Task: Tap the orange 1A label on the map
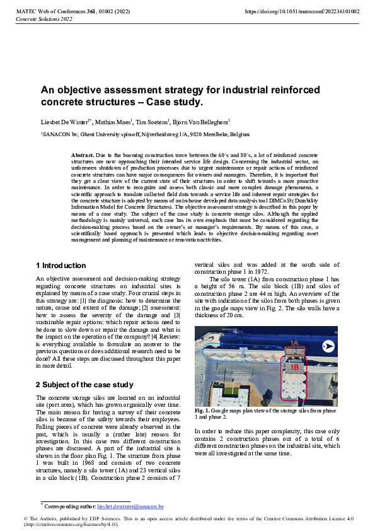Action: (294, 342)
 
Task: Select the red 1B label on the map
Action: (294, 366)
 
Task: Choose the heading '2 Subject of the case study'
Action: (84, 384)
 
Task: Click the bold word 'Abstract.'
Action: (83, 155)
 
